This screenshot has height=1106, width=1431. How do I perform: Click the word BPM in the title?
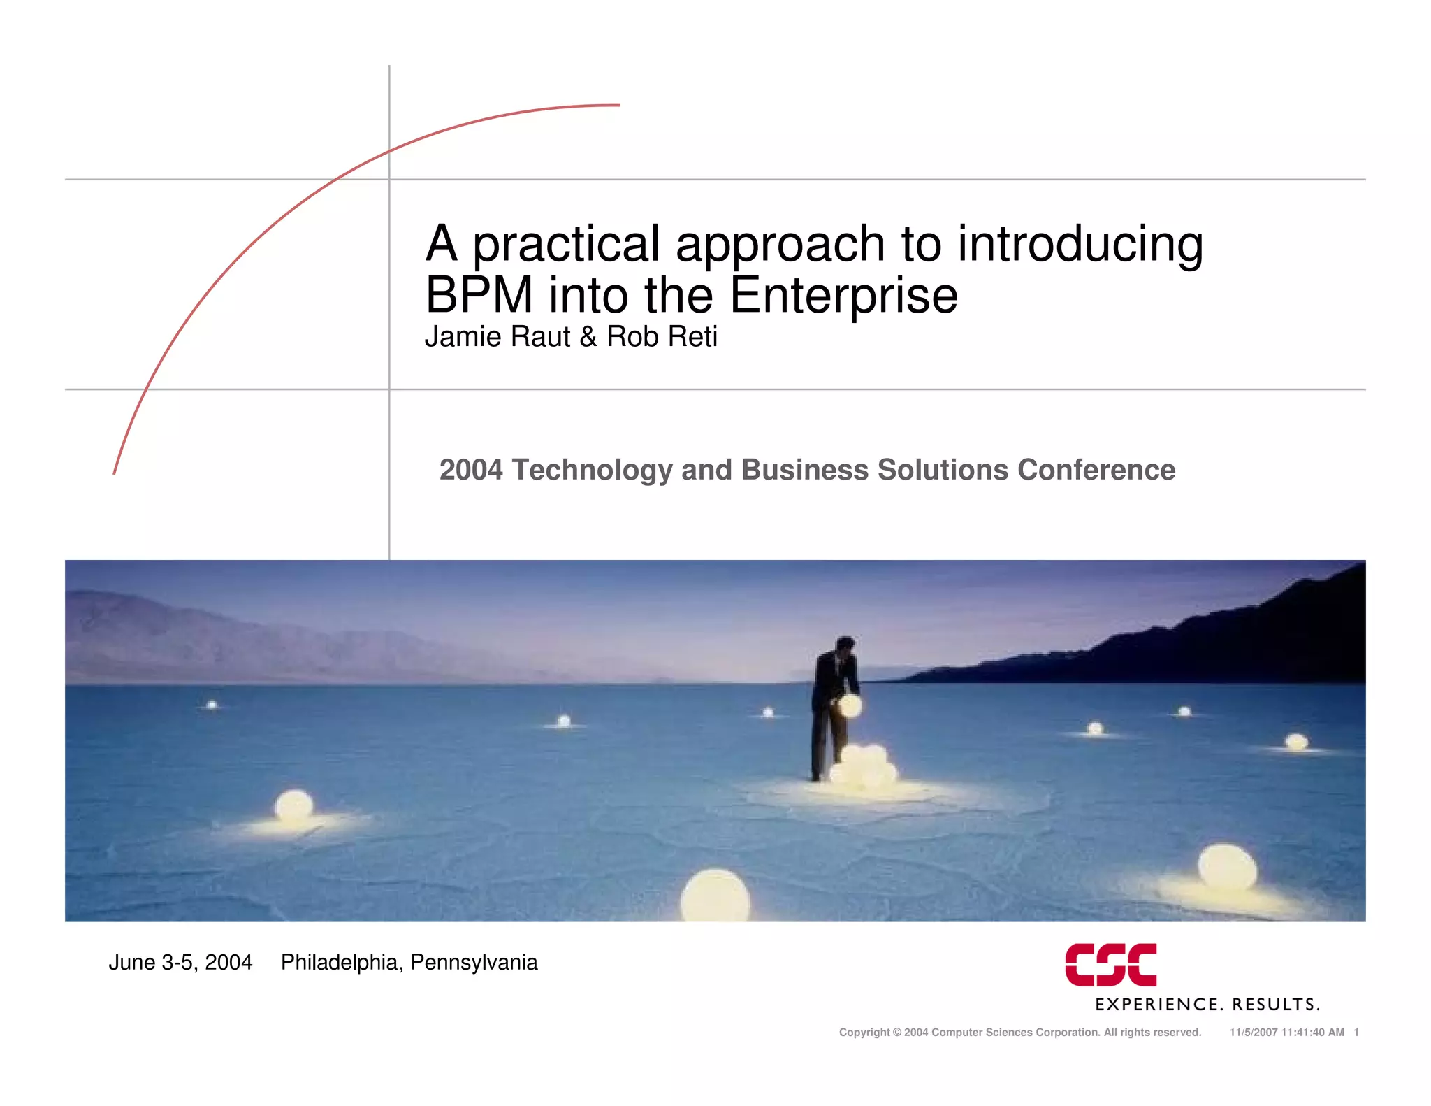pos(479,295)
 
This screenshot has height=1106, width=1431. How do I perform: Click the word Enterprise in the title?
pos(843,295)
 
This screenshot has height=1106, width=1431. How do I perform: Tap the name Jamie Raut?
pos(497,337)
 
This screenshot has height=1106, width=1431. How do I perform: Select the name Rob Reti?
pos(662,337)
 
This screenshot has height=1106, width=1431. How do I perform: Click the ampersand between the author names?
pos(588,337)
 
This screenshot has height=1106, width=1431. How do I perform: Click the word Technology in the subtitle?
pos(592,470)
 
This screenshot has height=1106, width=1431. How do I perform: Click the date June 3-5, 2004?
pos(180,963)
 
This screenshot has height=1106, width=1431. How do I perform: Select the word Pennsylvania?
pos(474,963)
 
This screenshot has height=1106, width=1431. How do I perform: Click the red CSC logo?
pos(1110,965)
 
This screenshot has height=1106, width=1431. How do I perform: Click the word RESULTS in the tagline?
pos(1274,1005)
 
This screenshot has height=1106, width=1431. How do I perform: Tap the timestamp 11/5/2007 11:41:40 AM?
pos(1286,1033)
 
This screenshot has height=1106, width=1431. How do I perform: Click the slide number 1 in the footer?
pos(1356,1033)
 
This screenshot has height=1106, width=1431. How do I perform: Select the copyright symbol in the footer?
pos(897,1033)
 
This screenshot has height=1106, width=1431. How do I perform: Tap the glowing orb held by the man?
pos(850,706)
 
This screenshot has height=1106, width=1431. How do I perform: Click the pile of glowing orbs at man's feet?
pos(863,768)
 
